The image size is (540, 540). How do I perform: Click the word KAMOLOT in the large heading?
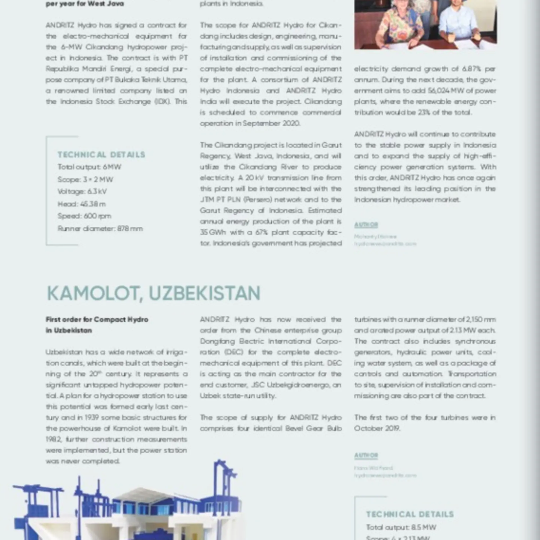point(93,293)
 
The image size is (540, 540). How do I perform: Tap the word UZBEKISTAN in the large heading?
point(204,293)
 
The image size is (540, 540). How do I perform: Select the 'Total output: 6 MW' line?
point(89,167)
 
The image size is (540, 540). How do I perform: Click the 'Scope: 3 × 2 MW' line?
point(85,179)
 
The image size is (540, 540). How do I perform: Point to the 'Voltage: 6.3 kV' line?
point(82,192)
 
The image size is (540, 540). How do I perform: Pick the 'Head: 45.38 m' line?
point(82,204)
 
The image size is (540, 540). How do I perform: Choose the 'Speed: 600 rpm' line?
point(84,216)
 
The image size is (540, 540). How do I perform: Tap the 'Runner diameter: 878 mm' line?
point(100,228)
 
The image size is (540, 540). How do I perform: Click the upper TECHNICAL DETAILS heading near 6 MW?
point(101,155)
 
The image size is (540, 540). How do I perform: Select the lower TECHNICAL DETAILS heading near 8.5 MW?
point(410,514)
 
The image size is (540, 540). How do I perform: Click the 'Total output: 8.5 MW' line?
point(401,527)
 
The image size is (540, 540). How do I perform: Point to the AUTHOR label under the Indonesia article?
point(366,225)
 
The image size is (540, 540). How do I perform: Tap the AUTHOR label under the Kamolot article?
point(366,455)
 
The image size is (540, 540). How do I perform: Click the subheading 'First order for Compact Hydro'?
point(97,319)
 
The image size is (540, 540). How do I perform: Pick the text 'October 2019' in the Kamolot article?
point(377,428)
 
